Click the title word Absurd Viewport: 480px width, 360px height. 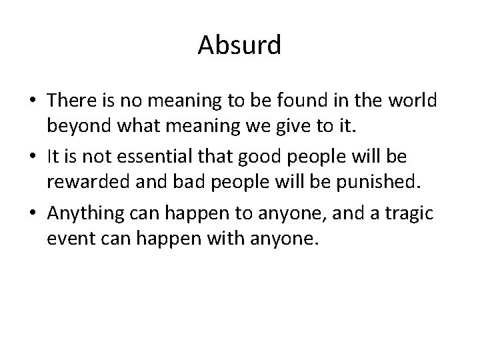pyautogui.click(x=240, y=45)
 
